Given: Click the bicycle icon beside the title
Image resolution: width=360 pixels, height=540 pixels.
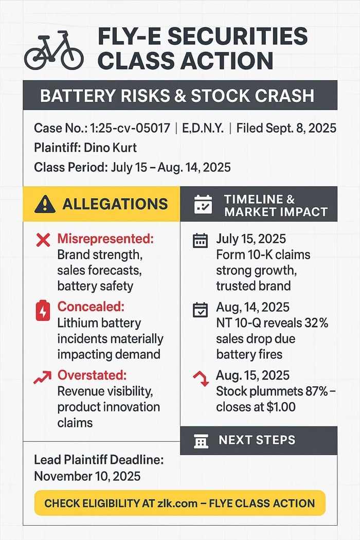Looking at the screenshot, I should (53, 52).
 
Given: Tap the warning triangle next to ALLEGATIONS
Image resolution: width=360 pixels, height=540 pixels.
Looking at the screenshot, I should (45, 204).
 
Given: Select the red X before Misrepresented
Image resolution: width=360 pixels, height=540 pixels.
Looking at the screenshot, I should (43, 239).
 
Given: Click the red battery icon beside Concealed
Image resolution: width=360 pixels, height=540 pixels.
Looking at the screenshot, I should (43, 311).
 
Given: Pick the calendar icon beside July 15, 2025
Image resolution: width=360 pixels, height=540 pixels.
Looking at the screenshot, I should (200, 240).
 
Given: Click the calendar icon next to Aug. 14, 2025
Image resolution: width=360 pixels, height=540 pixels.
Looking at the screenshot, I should (200, 310).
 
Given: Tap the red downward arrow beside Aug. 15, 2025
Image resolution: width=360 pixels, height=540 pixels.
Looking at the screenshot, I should (201, 379).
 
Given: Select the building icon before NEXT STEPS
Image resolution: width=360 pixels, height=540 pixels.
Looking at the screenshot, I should (201, 441).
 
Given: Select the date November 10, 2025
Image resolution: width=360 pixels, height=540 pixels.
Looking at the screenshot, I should (87, 476).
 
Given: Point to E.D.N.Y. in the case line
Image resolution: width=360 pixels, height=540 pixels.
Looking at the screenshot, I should (203, 128).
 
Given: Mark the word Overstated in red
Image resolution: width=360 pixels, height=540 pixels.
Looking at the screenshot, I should (92, 375).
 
